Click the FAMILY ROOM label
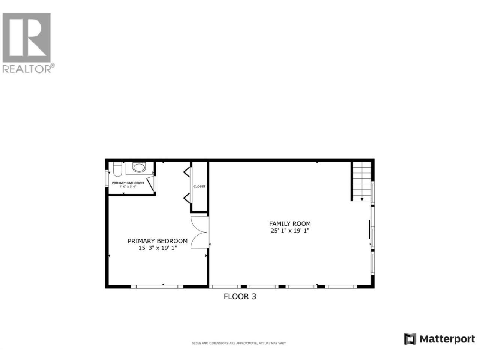[290, 223]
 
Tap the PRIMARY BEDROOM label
[157, 241]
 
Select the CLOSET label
[199, 186]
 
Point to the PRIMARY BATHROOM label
[128, 183]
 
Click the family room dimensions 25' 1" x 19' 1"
[290, 231]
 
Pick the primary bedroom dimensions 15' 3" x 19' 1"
[157, 248]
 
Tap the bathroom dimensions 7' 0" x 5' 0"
[128, 187]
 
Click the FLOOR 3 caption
[240, 296]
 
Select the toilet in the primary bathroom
[117, 169]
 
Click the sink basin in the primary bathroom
[139, 168]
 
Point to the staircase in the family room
[362, 181]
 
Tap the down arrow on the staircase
[362, 199]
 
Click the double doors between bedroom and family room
[199, 232]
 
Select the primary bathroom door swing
[151, 184]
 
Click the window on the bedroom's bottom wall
[157, 287]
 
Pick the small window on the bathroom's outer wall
[107, 179]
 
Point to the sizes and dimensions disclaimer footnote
[239, 343]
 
